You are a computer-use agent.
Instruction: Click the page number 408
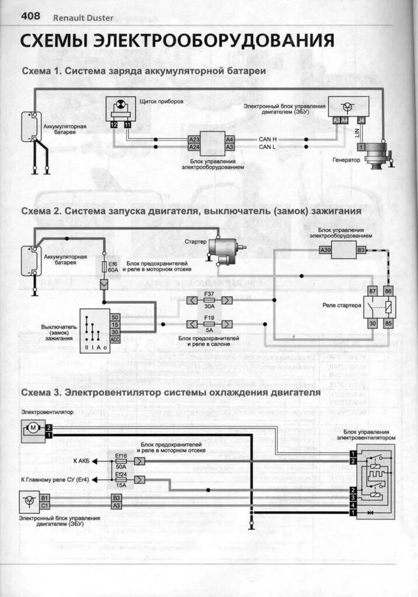(30, 16)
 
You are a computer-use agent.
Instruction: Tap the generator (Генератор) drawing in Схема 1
(378, 154)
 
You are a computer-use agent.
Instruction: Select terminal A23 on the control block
(194, 139)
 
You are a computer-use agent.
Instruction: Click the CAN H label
(267, 139)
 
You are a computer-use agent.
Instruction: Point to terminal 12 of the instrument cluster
(114, 125)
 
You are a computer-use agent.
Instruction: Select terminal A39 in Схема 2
(325, 250)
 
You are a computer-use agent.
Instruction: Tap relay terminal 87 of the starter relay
(372, 291)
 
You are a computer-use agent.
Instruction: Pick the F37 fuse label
(209, 293)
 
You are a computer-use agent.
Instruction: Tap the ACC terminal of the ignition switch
(114, 339)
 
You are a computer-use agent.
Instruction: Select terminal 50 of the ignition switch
(114, 317)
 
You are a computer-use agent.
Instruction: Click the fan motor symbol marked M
(33, 429)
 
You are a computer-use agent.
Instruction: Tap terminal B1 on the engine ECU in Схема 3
(45, 498)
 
